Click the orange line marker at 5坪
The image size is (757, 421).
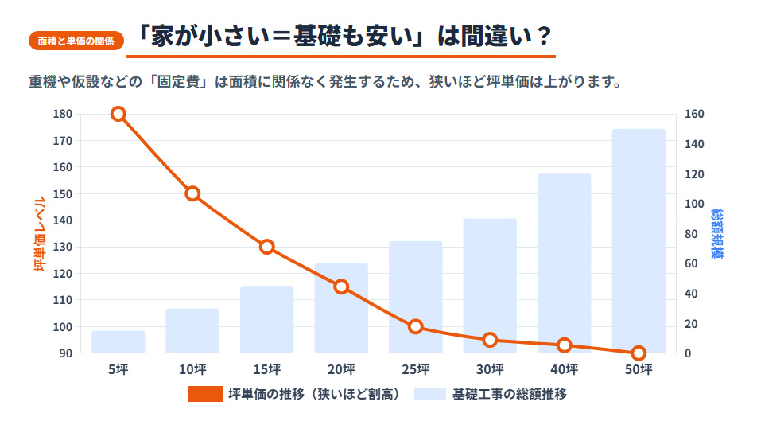click(118, 114)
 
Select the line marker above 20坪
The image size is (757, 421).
click(341, 287)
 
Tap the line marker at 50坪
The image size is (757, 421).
click(639, 353)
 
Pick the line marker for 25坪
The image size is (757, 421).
click(415, 326)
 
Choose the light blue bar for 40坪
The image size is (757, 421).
click(564, 263)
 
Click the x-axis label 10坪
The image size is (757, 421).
click(192, 369)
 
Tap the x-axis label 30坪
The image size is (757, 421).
click(490, 369)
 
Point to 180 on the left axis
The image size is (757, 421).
click(62, 114)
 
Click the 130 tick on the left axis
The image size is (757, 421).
click(62, 247)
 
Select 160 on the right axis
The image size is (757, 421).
click(695, 114)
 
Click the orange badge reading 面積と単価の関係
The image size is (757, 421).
click(76, 41)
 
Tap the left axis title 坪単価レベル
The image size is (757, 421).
click(38, 233)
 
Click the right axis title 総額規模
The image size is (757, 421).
click(717, 233)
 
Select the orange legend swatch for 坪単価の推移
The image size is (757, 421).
click(205, 394)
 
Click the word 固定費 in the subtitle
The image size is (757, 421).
click(184, 82)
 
